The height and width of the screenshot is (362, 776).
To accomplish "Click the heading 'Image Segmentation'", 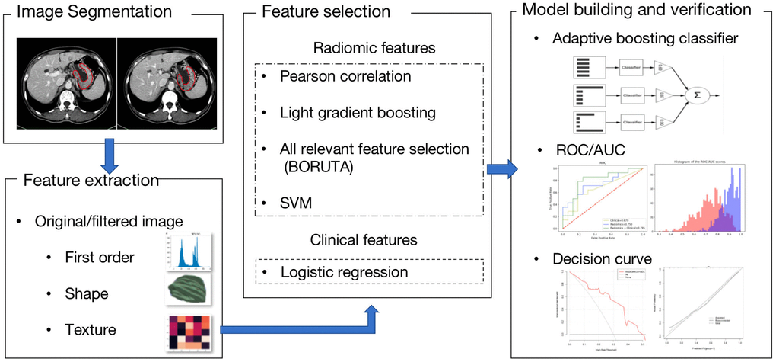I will (94, 12).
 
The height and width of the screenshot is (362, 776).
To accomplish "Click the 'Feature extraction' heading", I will (91, 181).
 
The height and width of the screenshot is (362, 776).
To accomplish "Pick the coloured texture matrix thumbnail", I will (186, 332).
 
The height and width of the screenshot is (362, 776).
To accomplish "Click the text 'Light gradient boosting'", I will (358, 113).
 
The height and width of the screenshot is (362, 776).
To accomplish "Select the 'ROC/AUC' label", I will (591, 149).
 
